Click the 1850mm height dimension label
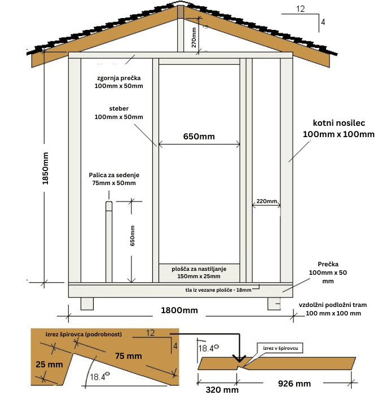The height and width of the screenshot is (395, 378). [45, 168]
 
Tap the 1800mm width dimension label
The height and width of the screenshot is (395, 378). [179, 310]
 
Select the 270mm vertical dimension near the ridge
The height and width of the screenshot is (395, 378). [194, 37]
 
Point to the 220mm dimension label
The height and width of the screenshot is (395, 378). [267, 201]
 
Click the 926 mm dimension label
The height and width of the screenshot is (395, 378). [295, 384]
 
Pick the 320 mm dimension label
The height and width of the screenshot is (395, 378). [222, 390]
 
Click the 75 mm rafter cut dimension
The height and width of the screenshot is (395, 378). [129, 356]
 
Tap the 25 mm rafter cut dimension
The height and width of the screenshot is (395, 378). [49, 365]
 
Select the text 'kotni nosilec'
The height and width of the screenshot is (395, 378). [339, 123]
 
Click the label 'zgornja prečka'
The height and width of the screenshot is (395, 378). [119, 78]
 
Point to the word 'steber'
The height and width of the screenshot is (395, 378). [119, 108]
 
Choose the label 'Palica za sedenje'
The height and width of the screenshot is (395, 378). [114, 175]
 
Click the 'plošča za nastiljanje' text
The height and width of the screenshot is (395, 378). [199, 269]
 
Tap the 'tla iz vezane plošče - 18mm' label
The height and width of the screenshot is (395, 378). [218, 290]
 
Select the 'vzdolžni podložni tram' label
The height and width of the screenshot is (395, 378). [333, 305]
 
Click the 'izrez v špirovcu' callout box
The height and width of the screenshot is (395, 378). [280, 348]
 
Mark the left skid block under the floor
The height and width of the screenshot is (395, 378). [87, 304]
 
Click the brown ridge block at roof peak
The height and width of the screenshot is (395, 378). [181, 12]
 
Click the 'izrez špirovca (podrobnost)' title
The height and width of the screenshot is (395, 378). [83, 334]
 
